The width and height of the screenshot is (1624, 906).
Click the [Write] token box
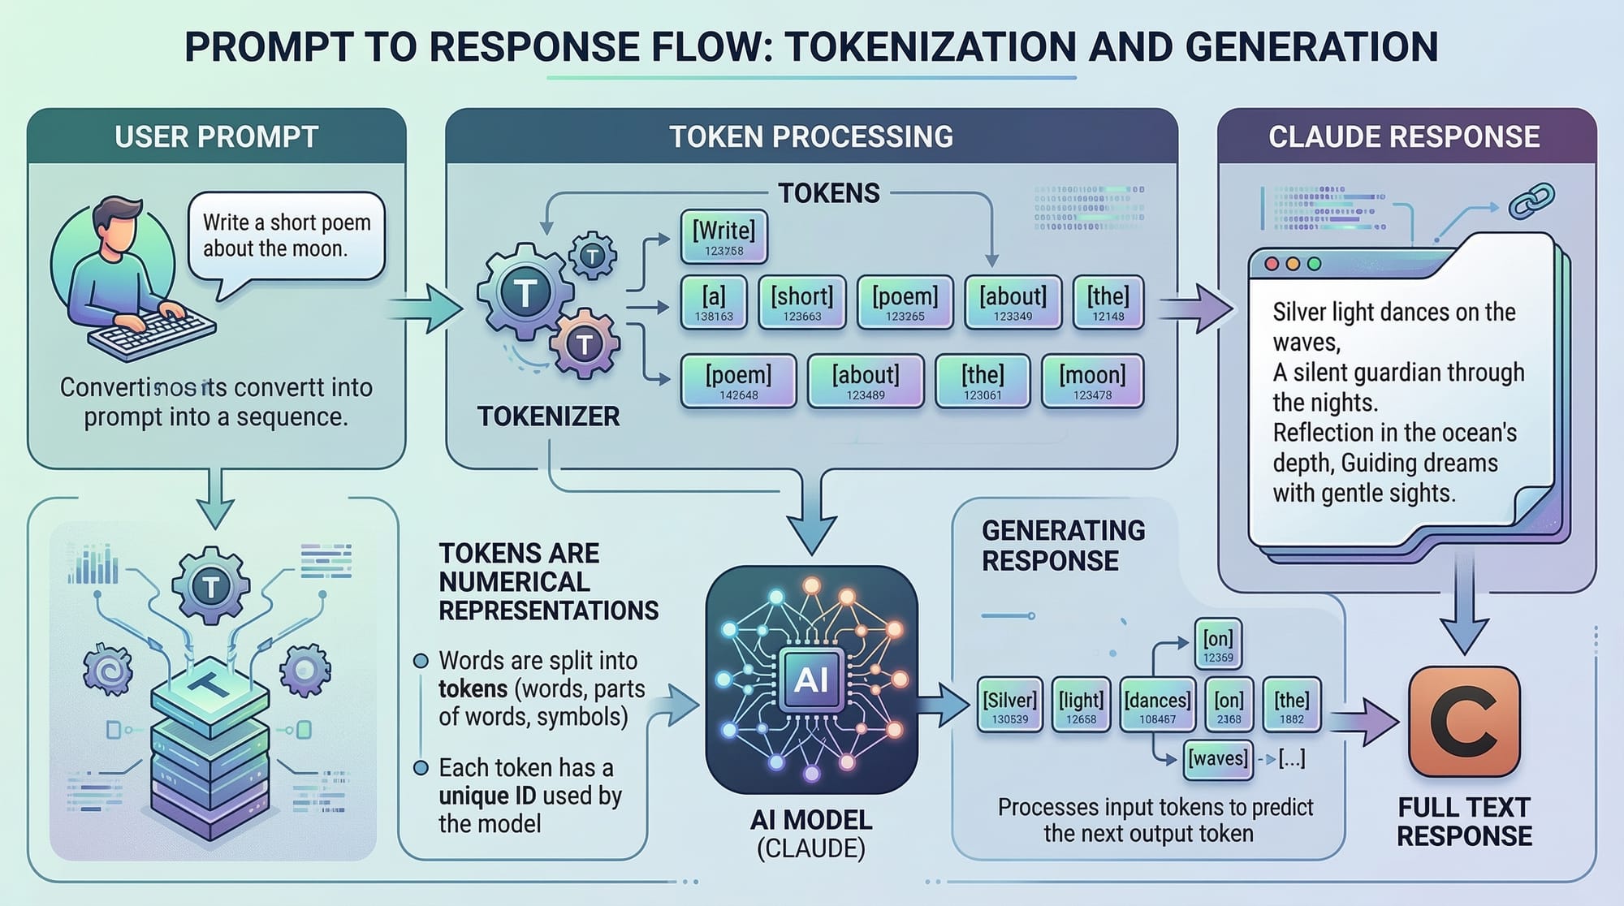[x=723, y=237]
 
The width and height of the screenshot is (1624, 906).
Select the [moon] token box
[x=1092, y=381]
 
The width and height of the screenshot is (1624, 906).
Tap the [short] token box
[x=802, y=302]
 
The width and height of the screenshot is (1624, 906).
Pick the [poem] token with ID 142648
[x=738, y=381]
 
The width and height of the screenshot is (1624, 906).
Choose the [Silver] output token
[x=1009, y=705]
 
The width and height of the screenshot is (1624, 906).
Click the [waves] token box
[x=1218, y=759]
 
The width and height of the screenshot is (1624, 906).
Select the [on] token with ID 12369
[x=1218, y=645]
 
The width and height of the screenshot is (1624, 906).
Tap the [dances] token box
[x=1157, y=705]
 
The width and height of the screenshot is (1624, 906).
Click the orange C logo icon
[x=1464, y=722]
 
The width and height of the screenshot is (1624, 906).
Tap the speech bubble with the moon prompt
[x=286, y=236]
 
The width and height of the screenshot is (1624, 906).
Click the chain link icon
[x=1531, y=201]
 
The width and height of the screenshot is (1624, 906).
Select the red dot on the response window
[x=1272, y=264]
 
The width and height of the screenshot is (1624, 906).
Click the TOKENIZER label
[x=548, y=416]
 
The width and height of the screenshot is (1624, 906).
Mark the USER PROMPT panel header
[x=217, y=136]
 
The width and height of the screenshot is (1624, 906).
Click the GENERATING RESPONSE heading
[x=1063, y=546]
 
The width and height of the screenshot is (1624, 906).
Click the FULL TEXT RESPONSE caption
[x=1464, y=822]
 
